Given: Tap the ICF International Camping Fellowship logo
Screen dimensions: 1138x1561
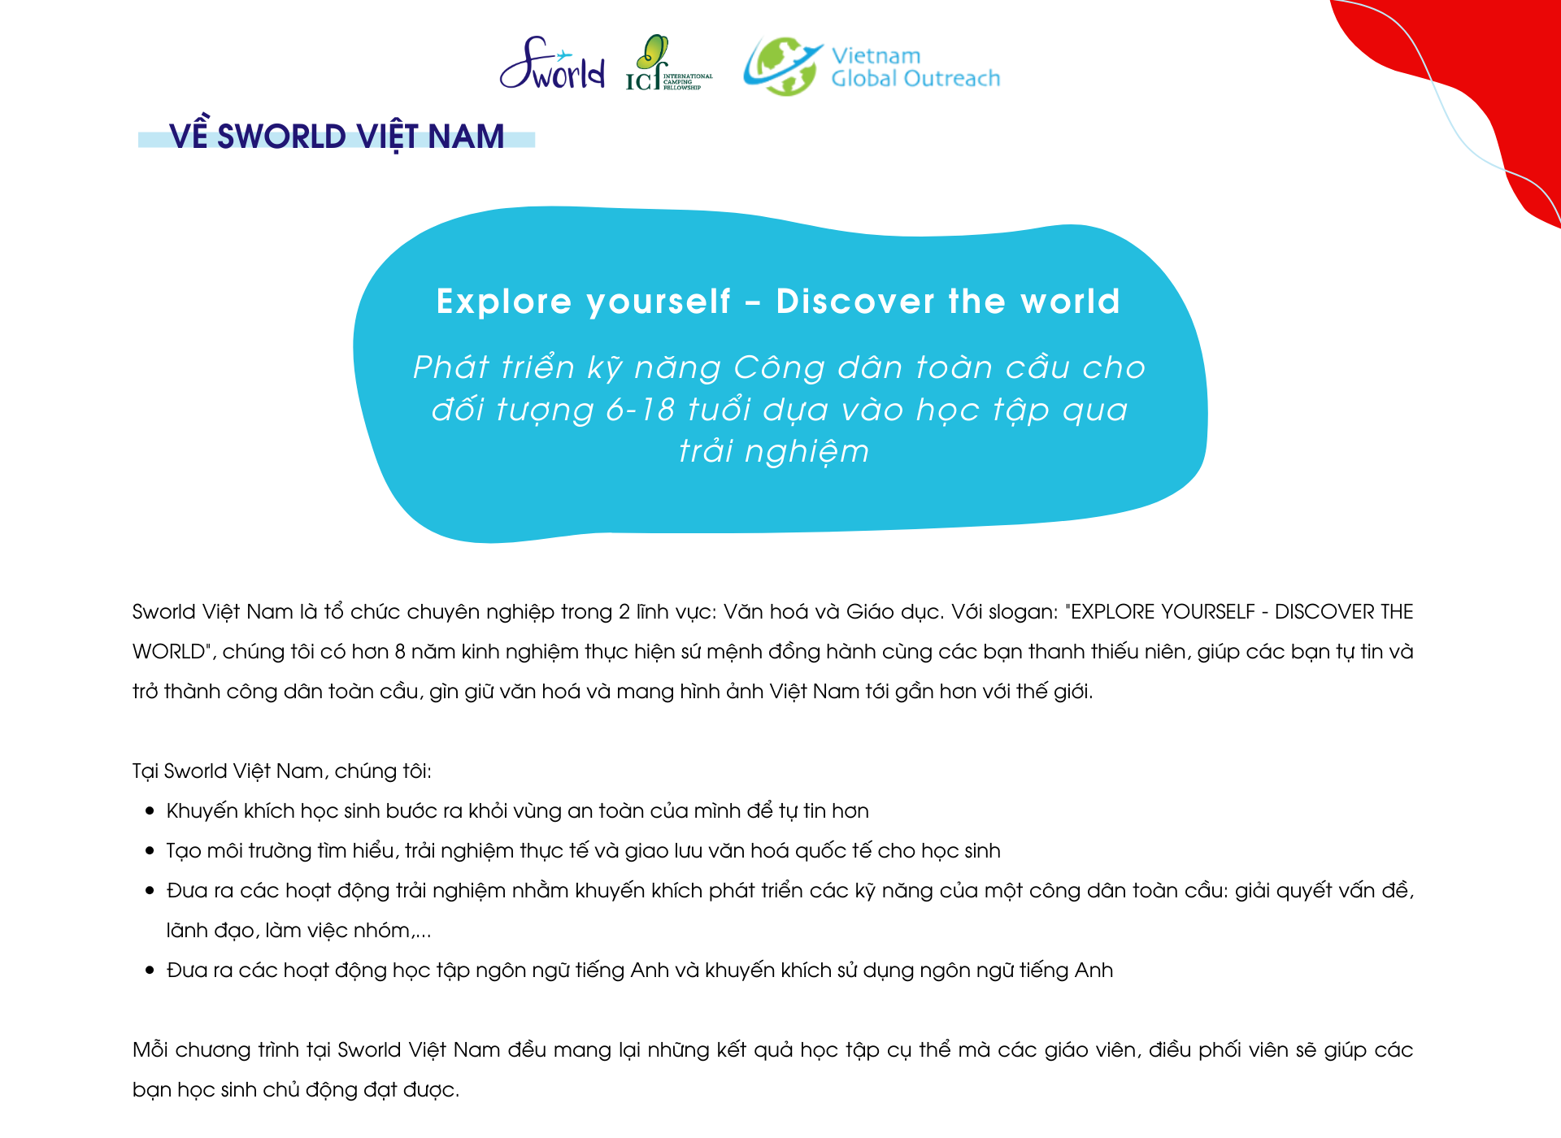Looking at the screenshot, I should pos(667,65).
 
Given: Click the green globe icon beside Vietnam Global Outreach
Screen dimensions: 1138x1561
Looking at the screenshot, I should pos(781,66).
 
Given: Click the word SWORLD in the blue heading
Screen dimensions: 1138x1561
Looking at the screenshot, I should pos(281,137).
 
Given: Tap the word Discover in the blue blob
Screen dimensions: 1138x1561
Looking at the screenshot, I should pos(855,302).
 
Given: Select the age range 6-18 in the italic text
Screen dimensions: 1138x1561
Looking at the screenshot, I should pos(640,410).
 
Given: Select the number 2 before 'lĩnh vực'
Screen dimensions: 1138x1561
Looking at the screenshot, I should pos(624,612).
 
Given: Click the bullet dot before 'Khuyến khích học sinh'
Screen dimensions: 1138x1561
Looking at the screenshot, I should pos(150,811).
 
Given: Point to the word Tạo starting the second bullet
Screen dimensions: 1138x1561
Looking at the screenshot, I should pos(184,851).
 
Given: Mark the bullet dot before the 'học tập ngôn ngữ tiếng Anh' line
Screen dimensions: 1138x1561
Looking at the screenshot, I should pos(150,971).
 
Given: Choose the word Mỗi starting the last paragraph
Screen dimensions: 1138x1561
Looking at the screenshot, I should pos(150,1050).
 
